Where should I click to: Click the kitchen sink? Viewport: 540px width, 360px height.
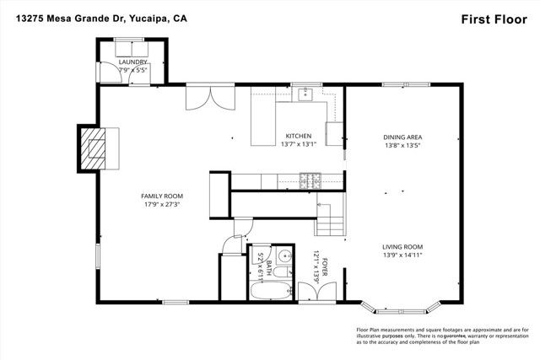coord(308,94)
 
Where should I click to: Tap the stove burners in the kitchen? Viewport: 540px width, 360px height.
coord(310,180)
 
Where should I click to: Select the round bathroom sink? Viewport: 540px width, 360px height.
coord(285,258)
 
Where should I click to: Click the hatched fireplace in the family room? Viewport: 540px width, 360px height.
coord(100,148)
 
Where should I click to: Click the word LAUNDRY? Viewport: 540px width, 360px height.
coord(133,62)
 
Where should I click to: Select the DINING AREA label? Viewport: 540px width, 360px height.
coord(402,137)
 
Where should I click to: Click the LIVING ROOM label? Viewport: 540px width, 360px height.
coord(402,246)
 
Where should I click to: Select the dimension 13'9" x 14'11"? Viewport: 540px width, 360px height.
coord(402,255)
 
